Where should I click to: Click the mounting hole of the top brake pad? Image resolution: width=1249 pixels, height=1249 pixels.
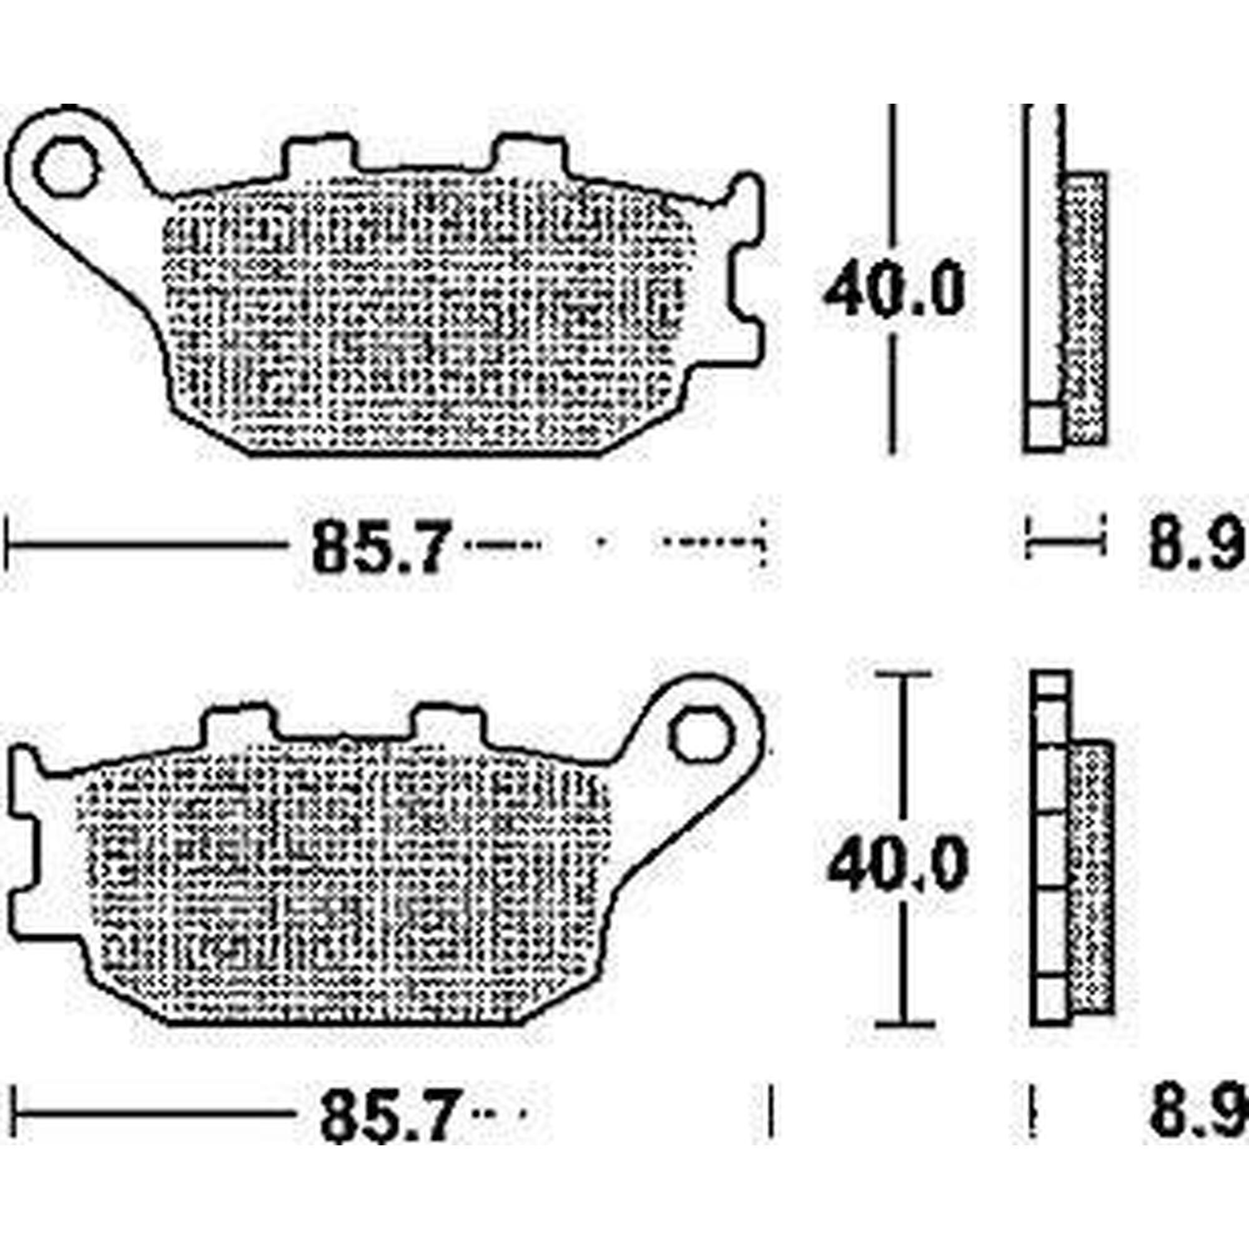pyautogui.click(x=67, y=166)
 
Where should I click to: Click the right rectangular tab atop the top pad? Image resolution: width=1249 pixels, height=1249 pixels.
pyautogui.click(x=530, y=155)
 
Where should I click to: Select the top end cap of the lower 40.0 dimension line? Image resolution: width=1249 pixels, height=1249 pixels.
pyautogui.click(x=904, y=674)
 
